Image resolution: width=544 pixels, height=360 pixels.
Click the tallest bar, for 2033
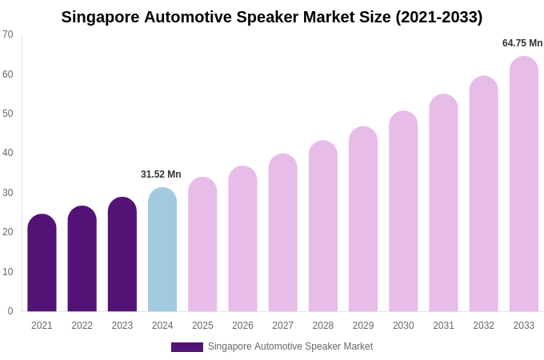(x=524, y=184)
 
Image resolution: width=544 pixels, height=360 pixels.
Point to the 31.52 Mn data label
(x=161, y=174)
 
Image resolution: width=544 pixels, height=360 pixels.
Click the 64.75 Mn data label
(x=522, y=43)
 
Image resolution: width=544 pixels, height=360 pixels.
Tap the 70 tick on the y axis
(x=8, y=34)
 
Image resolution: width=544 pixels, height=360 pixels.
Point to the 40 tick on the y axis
(x=8, y=153)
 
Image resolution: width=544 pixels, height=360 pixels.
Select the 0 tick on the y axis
(x=10, y=311)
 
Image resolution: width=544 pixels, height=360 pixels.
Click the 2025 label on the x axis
(x=202, y=326)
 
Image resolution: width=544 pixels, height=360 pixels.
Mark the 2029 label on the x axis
(x=363, y=326)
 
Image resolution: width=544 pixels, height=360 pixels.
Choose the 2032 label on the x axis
(x=483, y=326)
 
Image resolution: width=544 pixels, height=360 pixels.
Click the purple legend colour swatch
(x=186, y=347)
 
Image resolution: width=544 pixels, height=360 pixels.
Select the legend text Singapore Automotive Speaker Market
(x=290, y=346)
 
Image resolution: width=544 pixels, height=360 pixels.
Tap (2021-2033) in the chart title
(x=438, y=17)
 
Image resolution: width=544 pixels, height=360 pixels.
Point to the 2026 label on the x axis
(x=242, y=326)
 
